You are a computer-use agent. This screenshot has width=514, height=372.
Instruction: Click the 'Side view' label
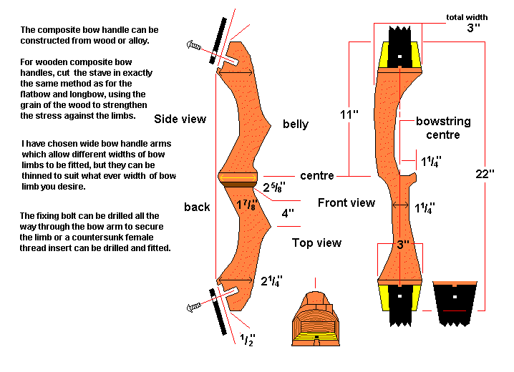[180, 119]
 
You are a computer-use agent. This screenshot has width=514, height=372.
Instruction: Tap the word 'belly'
[295, 124]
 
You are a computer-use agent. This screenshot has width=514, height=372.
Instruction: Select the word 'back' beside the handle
[197, 207]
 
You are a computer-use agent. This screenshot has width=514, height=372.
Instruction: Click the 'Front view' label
[346, 202]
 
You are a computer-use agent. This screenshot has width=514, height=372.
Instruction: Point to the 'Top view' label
[316, 243]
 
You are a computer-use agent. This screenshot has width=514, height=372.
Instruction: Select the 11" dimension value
[349, 114]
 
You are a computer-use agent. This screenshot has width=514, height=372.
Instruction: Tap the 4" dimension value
[288, 213]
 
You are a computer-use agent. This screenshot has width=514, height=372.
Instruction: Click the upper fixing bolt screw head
[193, 45]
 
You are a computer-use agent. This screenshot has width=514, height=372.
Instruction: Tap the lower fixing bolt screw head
[193, 308]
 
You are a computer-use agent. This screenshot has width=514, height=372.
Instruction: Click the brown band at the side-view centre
[239, 185]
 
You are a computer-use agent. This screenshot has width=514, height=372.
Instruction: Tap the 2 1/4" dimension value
[271, 280]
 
